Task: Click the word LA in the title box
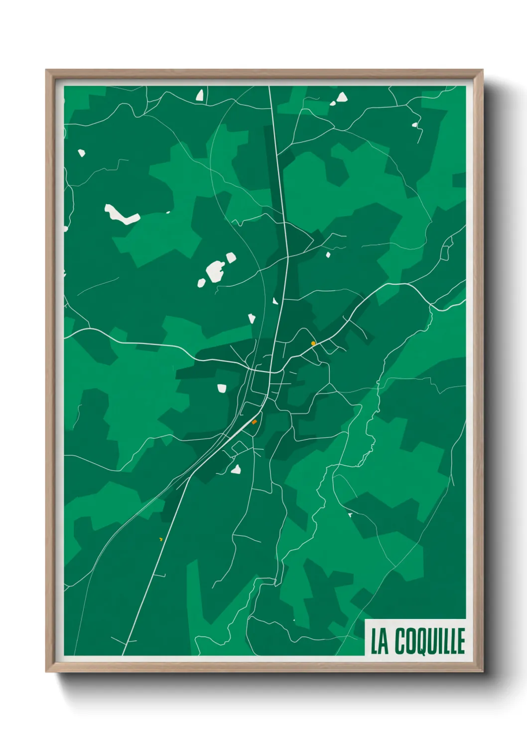pyautogui.click(x=380, y=641)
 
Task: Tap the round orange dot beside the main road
pyautogui.click(x=313, y=343)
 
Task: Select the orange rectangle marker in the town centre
pyautogui.click(x=254, y=422)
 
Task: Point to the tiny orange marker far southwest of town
pyautogui.click(x=160, y=539)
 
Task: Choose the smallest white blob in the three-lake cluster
pyautogui.click(x=201, y=283)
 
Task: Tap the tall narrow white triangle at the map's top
pyautogui.click(x=200, y=95)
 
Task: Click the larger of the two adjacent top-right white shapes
pyautogui.click(x=342, y=97)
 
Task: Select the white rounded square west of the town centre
pyautogui.click(x=222, y=388)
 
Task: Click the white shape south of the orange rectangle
pyautogui.click(x=236, y=469)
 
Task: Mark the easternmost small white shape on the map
pyautogui.click(x=414, y=124)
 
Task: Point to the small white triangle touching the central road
pyautogui.click(x=275, y=301)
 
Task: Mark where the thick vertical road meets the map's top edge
pyautogui.click(x=269, y=87)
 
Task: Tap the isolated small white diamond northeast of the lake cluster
pyautogui.click(x=328, y=255)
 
